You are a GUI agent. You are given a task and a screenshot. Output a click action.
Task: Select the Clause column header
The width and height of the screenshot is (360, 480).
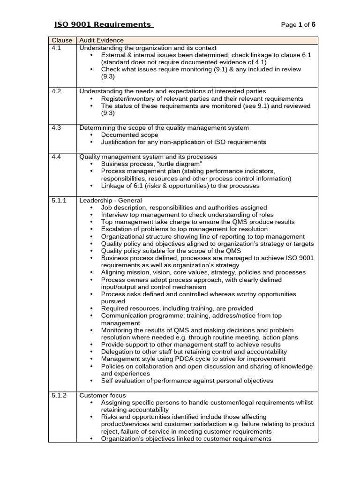click(x=62, y=40)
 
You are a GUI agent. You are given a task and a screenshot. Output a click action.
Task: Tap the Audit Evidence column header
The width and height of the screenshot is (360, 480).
click(x=102, y=40)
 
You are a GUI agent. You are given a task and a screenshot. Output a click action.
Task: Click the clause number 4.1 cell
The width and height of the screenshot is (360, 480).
click(x=56, y=48)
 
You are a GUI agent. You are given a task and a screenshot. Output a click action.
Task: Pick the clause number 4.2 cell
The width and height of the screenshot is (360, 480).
click(x=56, y=91)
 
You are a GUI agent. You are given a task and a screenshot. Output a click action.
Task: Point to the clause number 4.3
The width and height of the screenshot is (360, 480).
click(x=56, y=127)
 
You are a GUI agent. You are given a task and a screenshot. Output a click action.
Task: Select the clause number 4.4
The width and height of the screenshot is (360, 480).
click(x=56, y=157)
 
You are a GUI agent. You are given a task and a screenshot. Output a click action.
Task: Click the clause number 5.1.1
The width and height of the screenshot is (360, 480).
click(x=59, y=200)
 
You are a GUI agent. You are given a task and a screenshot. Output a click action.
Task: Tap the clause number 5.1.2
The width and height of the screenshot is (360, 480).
click(x=59, y=395)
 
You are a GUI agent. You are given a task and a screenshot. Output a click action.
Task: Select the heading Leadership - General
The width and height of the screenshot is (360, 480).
click(x=111, y=200)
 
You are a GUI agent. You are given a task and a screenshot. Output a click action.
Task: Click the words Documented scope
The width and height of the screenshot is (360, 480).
click(x=129, y=135)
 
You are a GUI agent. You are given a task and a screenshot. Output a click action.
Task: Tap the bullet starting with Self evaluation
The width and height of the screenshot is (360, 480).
click(x=187, y=381)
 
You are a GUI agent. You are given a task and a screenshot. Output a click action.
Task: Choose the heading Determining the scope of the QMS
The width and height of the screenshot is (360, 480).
click(x=164, y=127)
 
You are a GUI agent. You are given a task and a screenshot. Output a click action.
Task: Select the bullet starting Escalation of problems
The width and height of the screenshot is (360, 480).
click(x=184, y=229)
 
